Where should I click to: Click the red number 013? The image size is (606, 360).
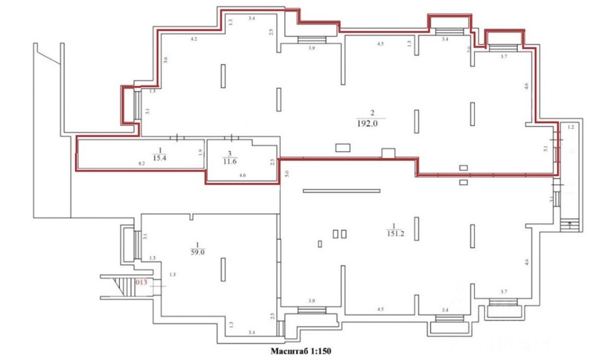[141, 282]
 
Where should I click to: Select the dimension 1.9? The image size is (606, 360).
[200, 152]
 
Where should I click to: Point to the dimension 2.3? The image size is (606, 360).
[272, 162]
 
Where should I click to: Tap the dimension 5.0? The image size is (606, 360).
[286, 174]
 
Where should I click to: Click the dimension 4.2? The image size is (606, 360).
[194, 39]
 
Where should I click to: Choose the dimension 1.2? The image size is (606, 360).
[570, 127]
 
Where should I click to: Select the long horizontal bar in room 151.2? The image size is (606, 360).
[341, 191]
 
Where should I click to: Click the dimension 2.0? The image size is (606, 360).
[469, 49]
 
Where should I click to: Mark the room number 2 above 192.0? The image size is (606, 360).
[372, 113]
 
